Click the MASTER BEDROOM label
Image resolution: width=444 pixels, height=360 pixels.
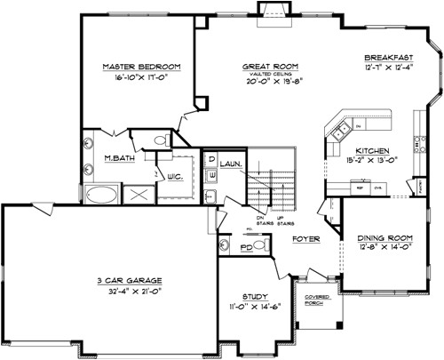point(141,66)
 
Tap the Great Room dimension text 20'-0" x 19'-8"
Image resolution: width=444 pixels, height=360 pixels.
point(270,78)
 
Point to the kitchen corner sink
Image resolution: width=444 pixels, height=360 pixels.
point(340,132)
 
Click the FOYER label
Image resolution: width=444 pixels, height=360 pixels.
point(306,238)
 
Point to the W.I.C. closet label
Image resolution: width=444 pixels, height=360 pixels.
point(175,176)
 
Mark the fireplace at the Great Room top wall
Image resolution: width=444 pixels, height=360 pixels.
point(270,9)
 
